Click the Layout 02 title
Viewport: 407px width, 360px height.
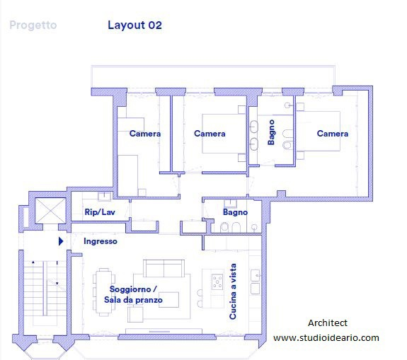pyautogui.click(x=134, y=25)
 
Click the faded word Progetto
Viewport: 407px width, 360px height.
pyautogui.click(x=33, y=25)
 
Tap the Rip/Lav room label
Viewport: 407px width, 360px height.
pyautogui.click(x=100, y=212)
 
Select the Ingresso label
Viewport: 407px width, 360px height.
pyautogui.click(x=101, y=241)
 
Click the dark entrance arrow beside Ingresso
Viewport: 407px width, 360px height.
pyautogui.click(x=61, y=241)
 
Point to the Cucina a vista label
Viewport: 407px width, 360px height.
pyautogui.click(x=233, y=291)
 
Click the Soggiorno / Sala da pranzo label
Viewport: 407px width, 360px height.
pyautogui.click(x=133, y=294)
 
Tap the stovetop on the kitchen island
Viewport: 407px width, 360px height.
pyautogui.click(x=217, y=281)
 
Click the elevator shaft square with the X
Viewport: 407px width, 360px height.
pyautogui.click(x=50, y=211)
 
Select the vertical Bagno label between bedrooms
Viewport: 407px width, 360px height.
pyautogui.click(x=271, y=132)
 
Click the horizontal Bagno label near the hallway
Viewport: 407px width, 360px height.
pyautogui.click(x=235, y=212)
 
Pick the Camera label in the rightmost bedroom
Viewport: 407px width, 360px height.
pyautogui.click(x=333, y=134)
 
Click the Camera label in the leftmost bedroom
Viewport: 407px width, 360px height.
pyautogui.click(x=145, y=134)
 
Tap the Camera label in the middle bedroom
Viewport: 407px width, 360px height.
pyautogui.click(x=210, y=134)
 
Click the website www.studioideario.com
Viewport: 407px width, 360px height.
pyautogui.click(x=326, y=338)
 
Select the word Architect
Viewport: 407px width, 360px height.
pyautogui.click(x=328, y=323)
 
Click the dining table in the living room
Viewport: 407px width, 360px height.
pyautogui.click(x=104, y=292)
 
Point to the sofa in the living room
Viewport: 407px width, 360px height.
pyautogui.click(x=164, y=269)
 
